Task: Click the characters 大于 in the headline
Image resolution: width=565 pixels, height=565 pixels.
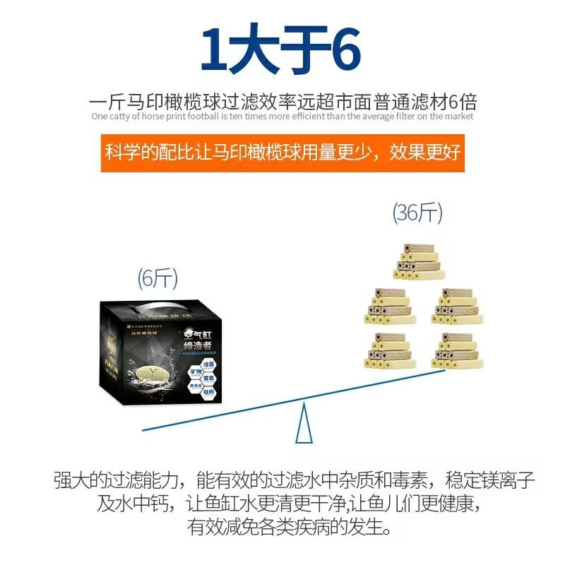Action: pyautogui.click(x=278, y=50)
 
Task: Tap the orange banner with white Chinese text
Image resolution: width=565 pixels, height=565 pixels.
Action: pyautogui.click(x=282, y=152)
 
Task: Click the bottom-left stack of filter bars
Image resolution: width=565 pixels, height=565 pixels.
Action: pyautogui.click(x=385, y=351)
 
